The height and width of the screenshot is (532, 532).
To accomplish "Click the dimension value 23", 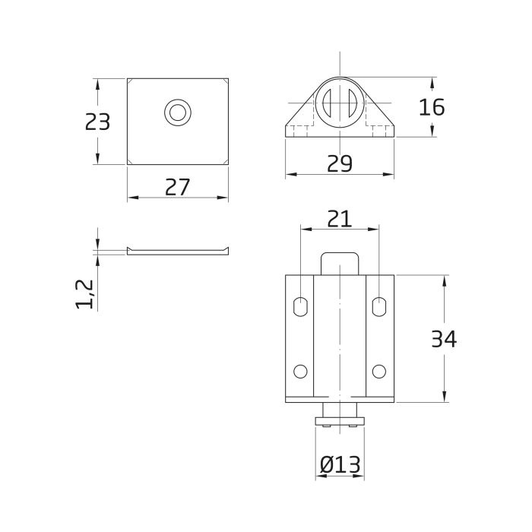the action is point(97,122).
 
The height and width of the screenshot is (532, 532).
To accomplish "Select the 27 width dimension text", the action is point(177,187).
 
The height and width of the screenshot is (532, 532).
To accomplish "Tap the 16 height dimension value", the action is point(432,107).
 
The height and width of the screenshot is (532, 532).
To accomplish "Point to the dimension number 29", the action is point(340,163).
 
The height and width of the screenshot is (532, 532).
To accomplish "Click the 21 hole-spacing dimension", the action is point(339,219).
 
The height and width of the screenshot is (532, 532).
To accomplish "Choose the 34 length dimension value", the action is point(444,339).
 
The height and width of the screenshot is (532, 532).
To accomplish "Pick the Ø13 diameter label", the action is point(340,464).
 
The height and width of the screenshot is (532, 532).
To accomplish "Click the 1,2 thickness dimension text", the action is point(84,294).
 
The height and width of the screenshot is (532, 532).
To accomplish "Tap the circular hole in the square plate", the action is point(178,112).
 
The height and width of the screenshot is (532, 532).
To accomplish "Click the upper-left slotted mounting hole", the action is point(300,306).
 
